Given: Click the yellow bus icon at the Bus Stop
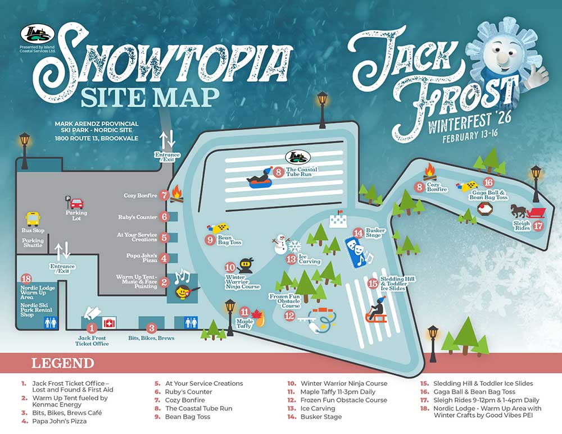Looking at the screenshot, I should [33, 219].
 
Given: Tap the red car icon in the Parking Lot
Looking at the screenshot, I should [77, 203].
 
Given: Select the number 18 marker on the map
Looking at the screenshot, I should [25, 279].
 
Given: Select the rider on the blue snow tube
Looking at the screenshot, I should [260, 179].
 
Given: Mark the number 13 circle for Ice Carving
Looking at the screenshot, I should [291, 259].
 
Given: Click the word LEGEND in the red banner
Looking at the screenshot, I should [62, 363].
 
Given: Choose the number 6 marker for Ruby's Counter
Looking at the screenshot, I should [164, 216].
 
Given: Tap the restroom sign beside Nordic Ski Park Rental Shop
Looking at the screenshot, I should [50, 322].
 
